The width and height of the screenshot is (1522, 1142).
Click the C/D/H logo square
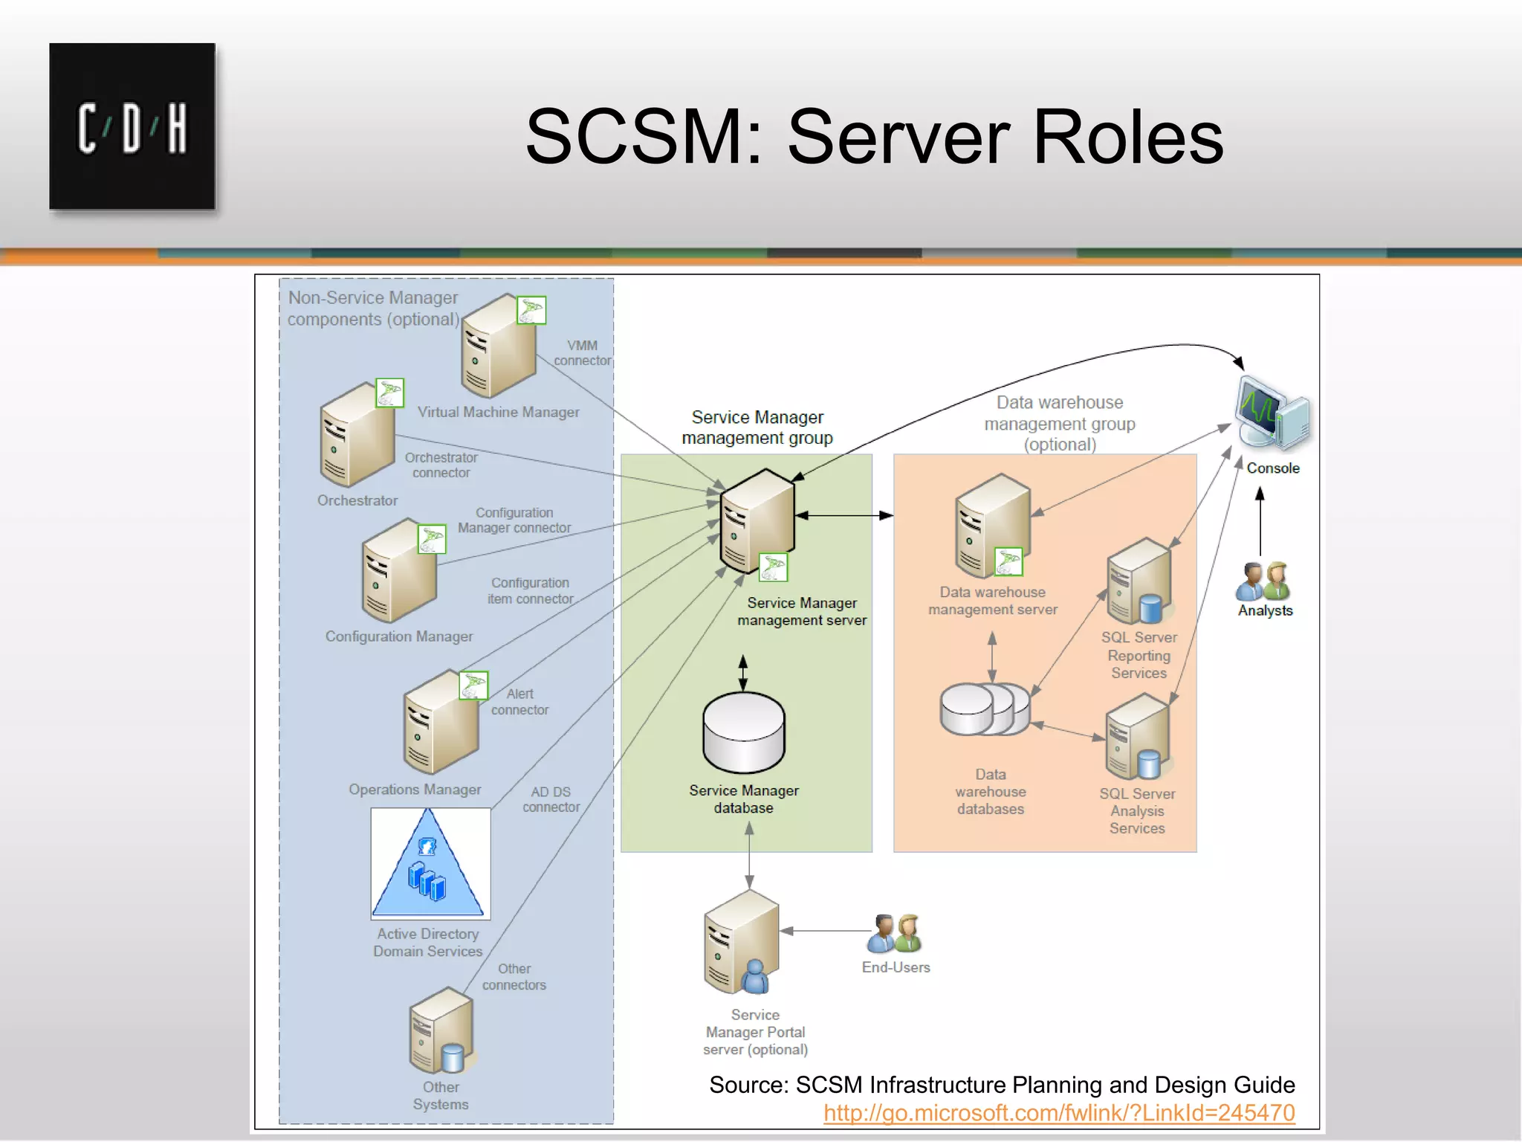click(x=132, y=126)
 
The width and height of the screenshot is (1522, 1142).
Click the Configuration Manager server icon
click(x=399, y=572)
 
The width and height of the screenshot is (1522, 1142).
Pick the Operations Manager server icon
click(x=441, y=725)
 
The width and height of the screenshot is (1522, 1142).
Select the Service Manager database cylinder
click(x=744, y=733)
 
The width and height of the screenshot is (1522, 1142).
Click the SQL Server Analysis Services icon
click(x=1137, y=738)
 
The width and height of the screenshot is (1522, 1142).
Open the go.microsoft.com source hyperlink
click(x=1059, y=1113)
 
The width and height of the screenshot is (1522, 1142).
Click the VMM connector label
click(x=582, y=353)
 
